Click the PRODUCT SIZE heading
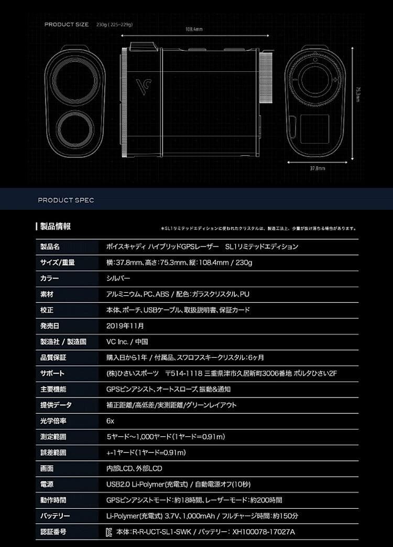coord(66,25)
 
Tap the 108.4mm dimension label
coord(194,29)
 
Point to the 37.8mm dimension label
coord(317,169)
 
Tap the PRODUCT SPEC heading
coord(66,200)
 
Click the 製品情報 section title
coord(55,227)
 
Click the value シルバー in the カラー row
coord(118,278)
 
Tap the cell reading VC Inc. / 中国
coord(127,341)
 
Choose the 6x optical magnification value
coord(110,421)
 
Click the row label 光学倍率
coord(53,421)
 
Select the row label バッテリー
coord(55,516)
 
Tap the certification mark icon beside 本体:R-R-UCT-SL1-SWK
coord(109,532)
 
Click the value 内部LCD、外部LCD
coord(134,468)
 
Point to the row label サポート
coord(52,373)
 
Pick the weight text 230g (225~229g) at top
coord(114,25)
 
